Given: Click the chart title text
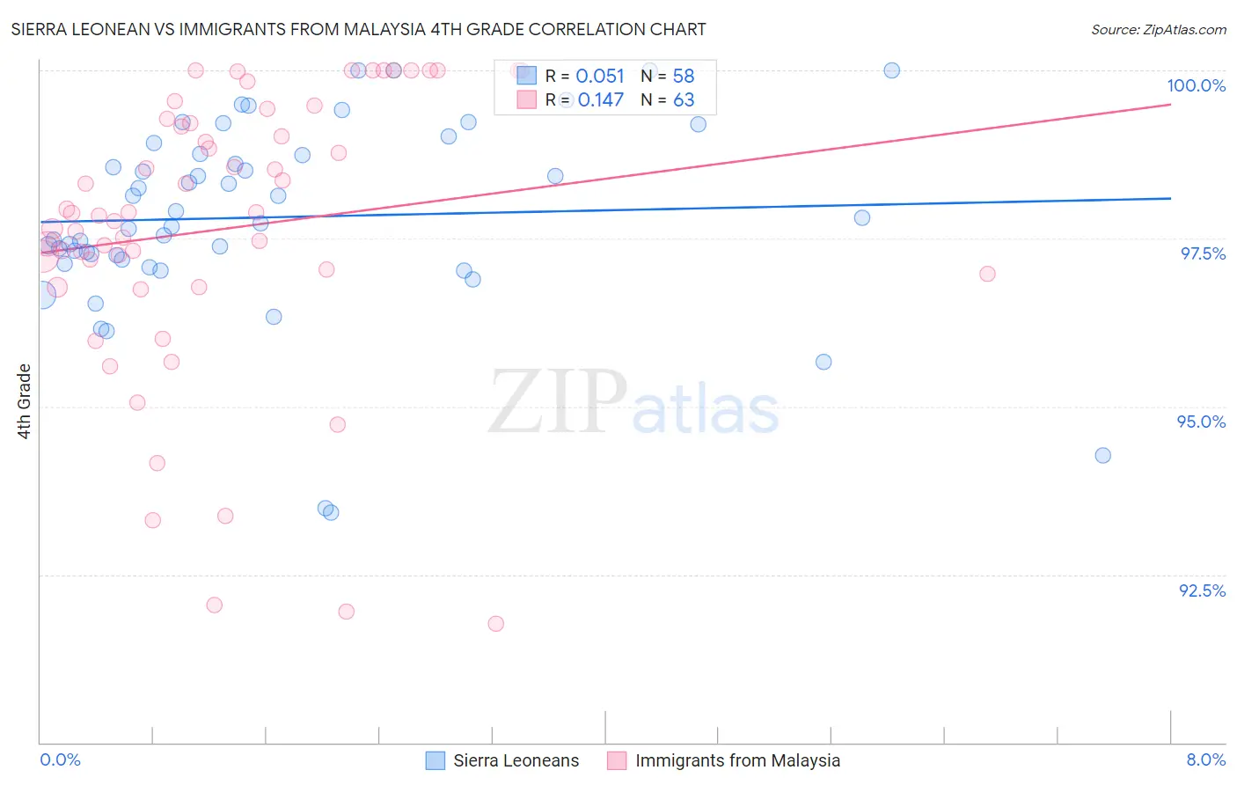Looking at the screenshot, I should [359, 29].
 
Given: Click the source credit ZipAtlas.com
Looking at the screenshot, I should [1158, 29].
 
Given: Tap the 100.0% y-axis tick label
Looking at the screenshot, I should [1196, 85].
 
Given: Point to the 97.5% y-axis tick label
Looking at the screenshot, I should [1202, 253].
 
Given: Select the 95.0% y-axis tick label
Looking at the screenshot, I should [1201, 422].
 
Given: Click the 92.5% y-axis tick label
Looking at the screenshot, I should [1202, 591].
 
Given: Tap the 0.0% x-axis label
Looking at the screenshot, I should [60, 759].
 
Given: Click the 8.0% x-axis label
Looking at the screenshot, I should [1205, 759].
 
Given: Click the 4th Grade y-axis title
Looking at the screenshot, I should [25, 401].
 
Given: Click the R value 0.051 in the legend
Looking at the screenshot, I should [600, 77].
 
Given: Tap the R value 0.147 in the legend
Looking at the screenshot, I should [600, 100].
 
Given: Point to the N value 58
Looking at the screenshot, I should [684, 77].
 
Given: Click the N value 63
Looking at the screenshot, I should [684, 100].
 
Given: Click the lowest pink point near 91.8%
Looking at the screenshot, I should [495, 624].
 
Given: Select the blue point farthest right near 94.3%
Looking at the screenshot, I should [1102, 456].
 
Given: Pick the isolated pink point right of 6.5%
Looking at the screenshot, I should [987, 274].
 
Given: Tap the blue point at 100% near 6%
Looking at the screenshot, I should [891, 70].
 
